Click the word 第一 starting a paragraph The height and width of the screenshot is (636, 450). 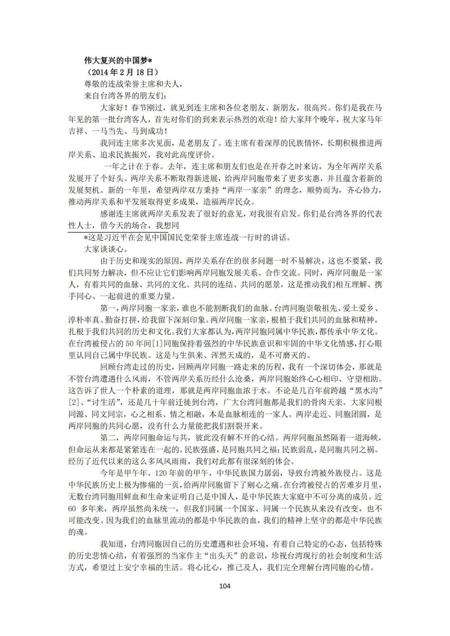[108, 306]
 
